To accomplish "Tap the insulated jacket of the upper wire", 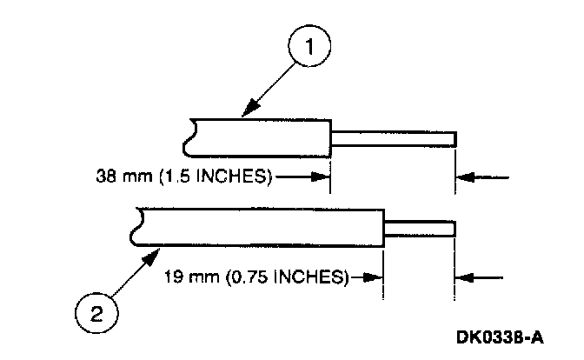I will tap(261, 137).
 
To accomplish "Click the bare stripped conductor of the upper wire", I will tap(394, 137).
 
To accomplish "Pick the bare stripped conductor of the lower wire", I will tap(420, 229).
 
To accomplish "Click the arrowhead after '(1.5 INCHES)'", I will tap(323, 178).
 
